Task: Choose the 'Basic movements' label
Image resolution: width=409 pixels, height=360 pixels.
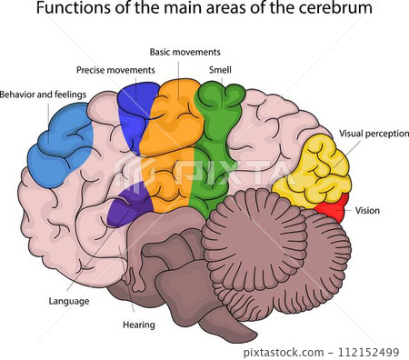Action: coord(185,52)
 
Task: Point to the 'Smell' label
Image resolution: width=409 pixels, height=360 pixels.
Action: coord(219,69)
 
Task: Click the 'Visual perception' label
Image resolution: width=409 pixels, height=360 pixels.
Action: coord(374,133)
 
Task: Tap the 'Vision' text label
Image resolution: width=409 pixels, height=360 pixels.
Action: coord(367,210)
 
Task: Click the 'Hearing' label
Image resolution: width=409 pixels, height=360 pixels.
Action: coord(138,325)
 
